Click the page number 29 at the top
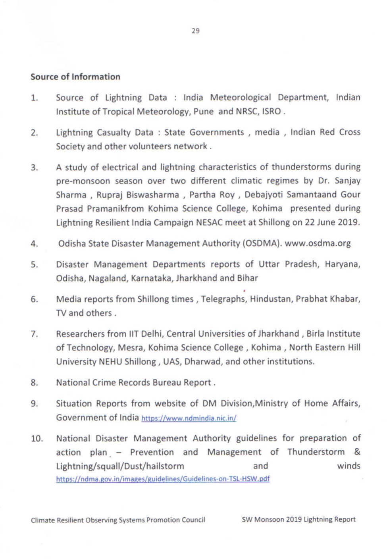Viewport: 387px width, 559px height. (x=195, y=31)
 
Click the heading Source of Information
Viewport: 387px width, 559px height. (x=75, y=77)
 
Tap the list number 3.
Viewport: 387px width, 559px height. (x=35, y=168)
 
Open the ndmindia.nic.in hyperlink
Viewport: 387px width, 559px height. (x=189, y=418)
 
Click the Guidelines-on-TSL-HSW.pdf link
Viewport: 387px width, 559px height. (x=163, y=479)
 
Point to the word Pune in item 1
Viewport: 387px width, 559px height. (x=204, y=112)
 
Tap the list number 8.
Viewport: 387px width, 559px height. (x=35, y=383)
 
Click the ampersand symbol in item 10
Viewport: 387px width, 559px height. (x=357, y=452)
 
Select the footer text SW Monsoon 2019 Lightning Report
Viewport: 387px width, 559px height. (x=298, y=519)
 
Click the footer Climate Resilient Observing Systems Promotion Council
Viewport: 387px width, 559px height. (x=118, y=520)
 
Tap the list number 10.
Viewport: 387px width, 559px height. (x=37, y=439)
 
